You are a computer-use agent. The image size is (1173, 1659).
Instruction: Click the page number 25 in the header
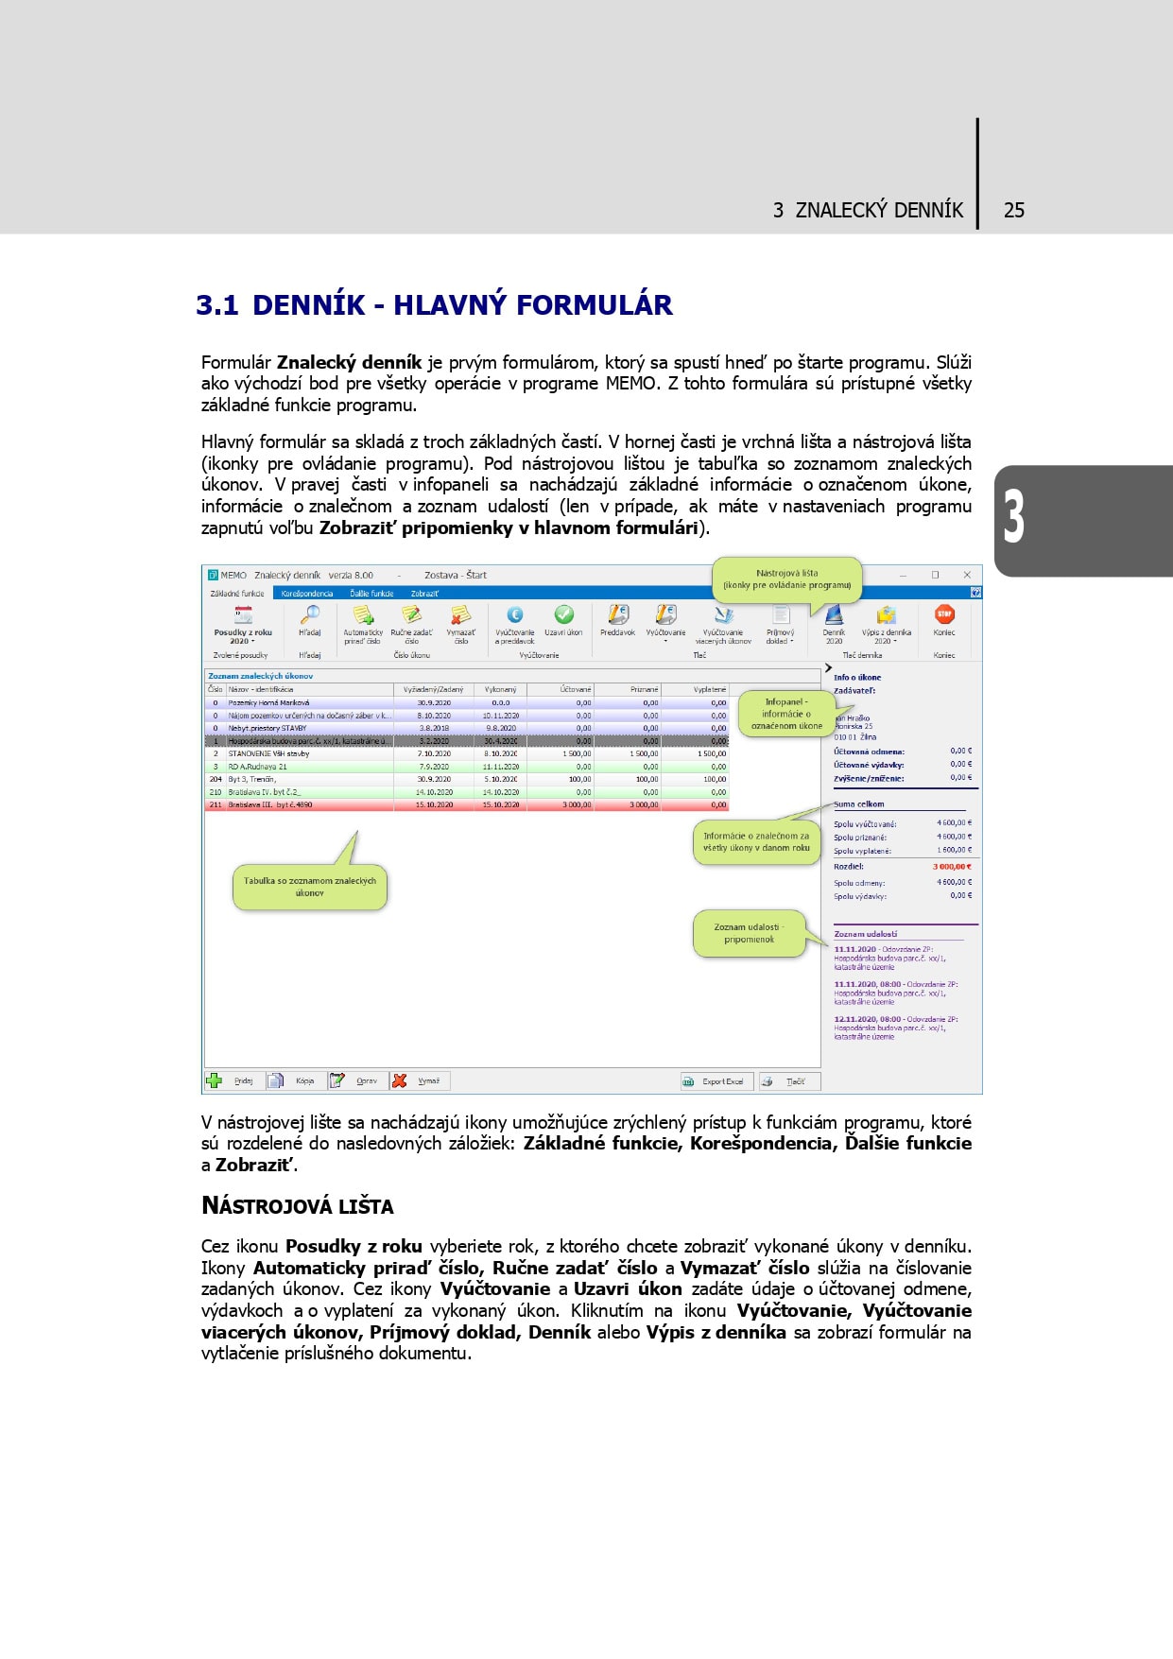click(1013, 210)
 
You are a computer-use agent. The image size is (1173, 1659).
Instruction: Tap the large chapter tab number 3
click(1013, 517)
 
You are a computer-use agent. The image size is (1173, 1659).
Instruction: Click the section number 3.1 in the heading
click(216, 305)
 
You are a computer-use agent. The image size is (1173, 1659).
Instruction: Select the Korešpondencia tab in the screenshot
click(307, 594)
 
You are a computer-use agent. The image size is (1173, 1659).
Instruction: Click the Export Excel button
click(714, 1081)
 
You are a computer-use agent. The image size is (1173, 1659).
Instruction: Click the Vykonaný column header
click(500, 689)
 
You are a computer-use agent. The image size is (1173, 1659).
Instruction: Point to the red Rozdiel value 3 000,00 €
click(952, 866)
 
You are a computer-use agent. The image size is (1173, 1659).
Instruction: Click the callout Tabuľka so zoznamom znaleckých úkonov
click(309, 887)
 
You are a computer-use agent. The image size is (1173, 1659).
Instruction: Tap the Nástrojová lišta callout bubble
click(786, 579)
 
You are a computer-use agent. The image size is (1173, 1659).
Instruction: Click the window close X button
click(967, 575)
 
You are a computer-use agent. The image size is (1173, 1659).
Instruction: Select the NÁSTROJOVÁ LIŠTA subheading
click(297, 1206)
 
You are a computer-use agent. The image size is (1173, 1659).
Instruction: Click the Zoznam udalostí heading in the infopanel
click(865, 934)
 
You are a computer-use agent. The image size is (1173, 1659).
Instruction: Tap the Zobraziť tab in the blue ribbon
click(424, 594)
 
